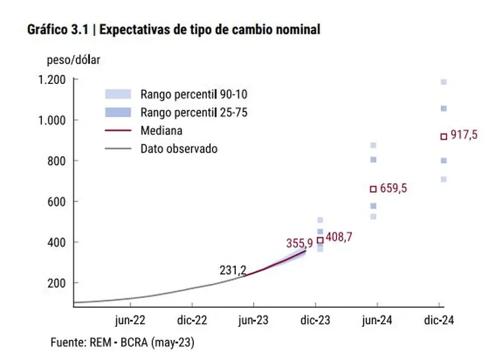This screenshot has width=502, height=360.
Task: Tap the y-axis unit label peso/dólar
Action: pos(73,59)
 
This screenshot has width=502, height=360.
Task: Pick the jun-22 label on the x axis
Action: pos(131,319)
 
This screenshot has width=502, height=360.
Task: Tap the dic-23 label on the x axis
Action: pos(316,319)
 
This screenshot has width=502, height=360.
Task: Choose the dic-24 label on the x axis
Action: pos(439,319)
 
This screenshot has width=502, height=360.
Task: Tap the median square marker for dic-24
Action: pos(444,136)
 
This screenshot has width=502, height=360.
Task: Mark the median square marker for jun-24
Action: pos(373,189)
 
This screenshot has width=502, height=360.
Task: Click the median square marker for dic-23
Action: pos(320,240)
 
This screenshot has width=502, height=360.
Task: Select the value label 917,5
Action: pos(463,135)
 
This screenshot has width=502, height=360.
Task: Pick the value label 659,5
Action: pos(393,187)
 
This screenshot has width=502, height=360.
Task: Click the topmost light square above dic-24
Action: pos(444,82)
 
